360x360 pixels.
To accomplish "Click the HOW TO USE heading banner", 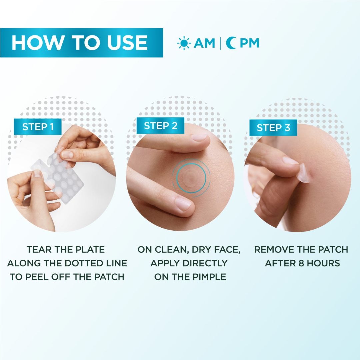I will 80,43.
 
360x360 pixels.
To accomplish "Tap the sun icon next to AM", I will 184,43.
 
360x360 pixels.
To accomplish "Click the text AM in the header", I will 204,43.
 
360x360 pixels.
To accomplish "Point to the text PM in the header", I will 249,43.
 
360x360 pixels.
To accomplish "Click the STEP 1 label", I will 37,127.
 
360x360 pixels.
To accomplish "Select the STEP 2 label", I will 161,126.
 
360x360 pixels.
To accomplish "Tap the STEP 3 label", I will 273,128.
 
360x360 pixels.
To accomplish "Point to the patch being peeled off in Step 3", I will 304,173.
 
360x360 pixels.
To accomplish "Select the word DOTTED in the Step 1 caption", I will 83,263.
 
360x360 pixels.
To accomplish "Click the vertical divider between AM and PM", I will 220,43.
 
